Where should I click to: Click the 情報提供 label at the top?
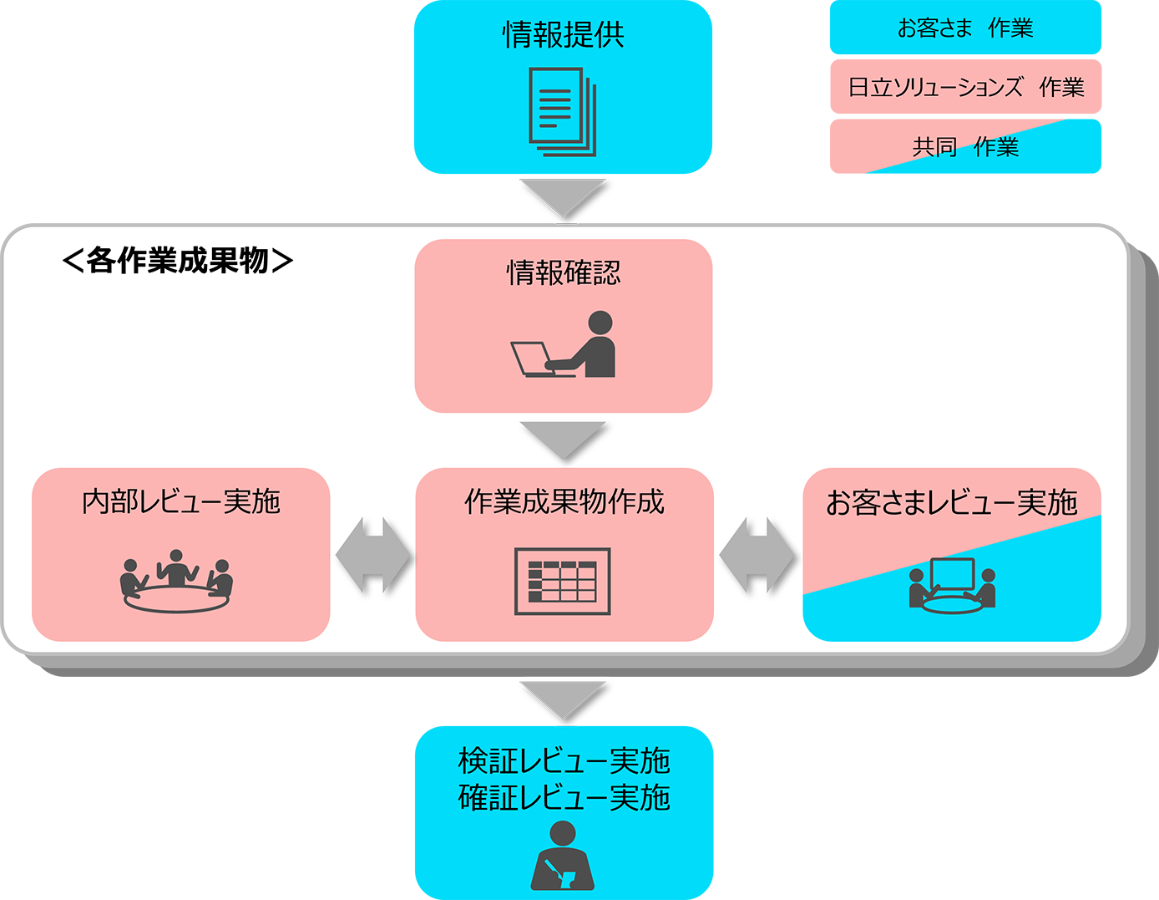pyautogui.click(x=564, y=35)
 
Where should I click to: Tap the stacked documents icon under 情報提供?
pyautogui.click(x=563, y=112)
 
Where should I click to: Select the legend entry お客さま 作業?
pyautogui.click(x=965, y=28)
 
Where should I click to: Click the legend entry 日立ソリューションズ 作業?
pyautogui.click(x=966, y=87)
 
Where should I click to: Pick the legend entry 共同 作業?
pyautogui.click(x=965, y=147)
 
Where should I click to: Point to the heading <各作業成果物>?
pyautogui.click(x=178, y=261)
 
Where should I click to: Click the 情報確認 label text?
pyautogui.click(x=564, y=272)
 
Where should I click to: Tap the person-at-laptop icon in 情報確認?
pyautogui.click(x=564, y=344)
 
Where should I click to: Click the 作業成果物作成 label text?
pyautogui.click(x=564, y=501)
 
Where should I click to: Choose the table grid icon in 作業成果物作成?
pyautogui.click(x=562, y=581)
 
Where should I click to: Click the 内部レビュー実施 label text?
pyautogui.click(x=181, y=501)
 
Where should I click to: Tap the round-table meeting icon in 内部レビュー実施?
pyautogui.click(x=177, y=581)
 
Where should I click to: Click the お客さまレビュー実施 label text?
pyautogui.click(x=952, y=502)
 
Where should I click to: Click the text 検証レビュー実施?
pyautogui.click(x=564, y=761)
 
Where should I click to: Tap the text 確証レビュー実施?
pyautogui.click(x=564, y=798)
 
